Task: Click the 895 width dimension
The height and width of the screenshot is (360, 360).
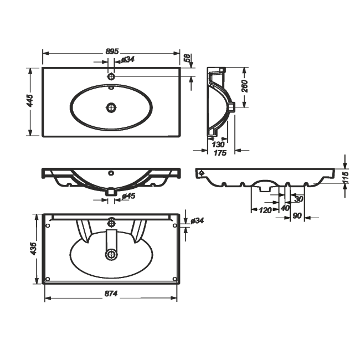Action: pos(112,52)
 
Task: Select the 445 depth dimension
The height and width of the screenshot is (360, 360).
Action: pos(30,100)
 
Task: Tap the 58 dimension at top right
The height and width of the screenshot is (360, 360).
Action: pos(187,58)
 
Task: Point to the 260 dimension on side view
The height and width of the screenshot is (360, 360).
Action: pos(245,86)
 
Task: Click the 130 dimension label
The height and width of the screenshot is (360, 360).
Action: pos(218,145)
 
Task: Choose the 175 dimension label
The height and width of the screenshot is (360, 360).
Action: pos(220,153)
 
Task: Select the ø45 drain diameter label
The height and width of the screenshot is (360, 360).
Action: pos(128,196)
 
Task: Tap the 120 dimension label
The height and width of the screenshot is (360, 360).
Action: pos(265,210)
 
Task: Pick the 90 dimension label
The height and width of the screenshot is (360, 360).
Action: pos(297,216)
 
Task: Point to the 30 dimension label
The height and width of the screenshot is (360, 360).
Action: pos(299,199)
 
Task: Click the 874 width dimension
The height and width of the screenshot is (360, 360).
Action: pos(111,294)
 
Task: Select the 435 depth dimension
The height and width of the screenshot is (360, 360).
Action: pos(33,248)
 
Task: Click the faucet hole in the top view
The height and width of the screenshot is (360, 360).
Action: pos(111,76)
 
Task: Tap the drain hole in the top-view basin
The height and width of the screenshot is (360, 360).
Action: pos(111,107)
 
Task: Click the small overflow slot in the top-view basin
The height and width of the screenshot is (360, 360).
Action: pos(111,88)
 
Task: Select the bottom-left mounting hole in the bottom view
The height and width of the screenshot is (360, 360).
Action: pos(48,279)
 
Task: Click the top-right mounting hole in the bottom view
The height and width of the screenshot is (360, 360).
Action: pos(174,225)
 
